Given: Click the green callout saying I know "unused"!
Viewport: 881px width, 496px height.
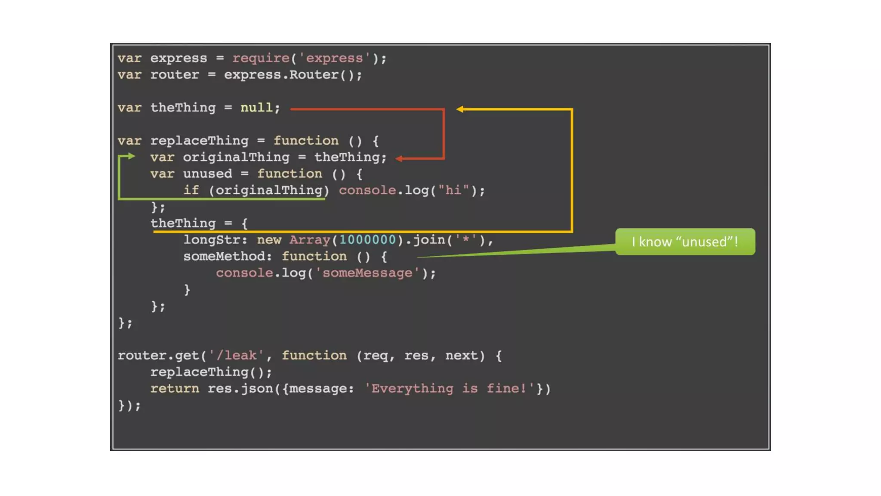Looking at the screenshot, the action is [x=685, y=242].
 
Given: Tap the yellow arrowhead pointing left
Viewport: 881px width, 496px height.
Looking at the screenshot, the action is [x=460, y=109].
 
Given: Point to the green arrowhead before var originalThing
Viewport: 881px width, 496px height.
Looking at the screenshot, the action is [x=131, y=156].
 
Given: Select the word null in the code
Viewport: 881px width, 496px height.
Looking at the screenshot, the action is [x=256, y=108].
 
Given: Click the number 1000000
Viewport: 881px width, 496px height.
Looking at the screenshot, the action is [x=367, y=240].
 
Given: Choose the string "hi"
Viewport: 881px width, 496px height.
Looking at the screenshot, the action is [x=453, y=190].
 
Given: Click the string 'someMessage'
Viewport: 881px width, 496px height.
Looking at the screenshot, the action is [x=367, y=273].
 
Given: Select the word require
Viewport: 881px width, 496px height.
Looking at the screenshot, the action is [x=261, y=58].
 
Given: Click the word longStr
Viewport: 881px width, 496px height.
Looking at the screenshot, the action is [x=212, y=240].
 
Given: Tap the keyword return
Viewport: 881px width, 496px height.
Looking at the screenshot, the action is [x=175, y=389].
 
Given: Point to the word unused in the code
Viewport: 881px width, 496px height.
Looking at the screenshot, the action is [x=207, y=174].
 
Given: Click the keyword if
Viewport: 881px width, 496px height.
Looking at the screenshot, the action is [x=191, y=190].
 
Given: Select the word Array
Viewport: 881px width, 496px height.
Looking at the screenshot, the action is [x=309, y=240].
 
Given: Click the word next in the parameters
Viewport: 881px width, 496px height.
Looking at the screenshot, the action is [x=462, y=356].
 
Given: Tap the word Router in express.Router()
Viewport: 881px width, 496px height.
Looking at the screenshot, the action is [x=314, y=75].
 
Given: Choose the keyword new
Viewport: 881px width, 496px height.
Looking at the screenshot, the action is [x=269, y=240].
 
